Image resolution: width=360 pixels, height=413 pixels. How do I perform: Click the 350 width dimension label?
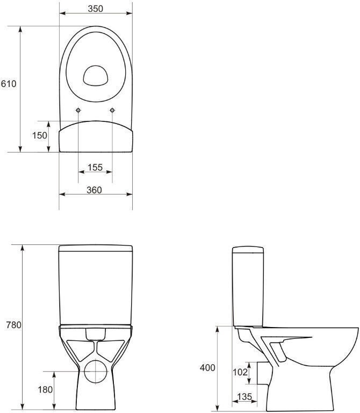[x=96, y=9]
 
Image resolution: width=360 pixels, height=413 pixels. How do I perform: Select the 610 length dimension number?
[x=9, y=84]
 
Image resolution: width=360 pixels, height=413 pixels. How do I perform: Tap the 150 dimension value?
[x=40, y=135]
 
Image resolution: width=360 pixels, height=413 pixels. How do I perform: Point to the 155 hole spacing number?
[x=95, y=167]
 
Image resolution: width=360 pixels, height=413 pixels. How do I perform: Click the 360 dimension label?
[x=95, y=190]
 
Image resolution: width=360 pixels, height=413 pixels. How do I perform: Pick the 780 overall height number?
[x=14, y=325]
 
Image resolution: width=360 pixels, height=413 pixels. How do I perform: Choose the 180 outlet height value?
[x=45, y=389]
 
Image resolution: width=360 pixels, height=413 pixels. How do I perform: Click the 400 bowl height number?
[x=207, y=368]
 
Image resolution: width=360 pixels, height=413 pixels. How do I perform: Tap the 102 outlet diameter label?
[x=240, y=372]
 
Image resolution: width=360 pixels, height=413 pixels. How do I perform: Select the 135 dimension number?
[x=244, y=397]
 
